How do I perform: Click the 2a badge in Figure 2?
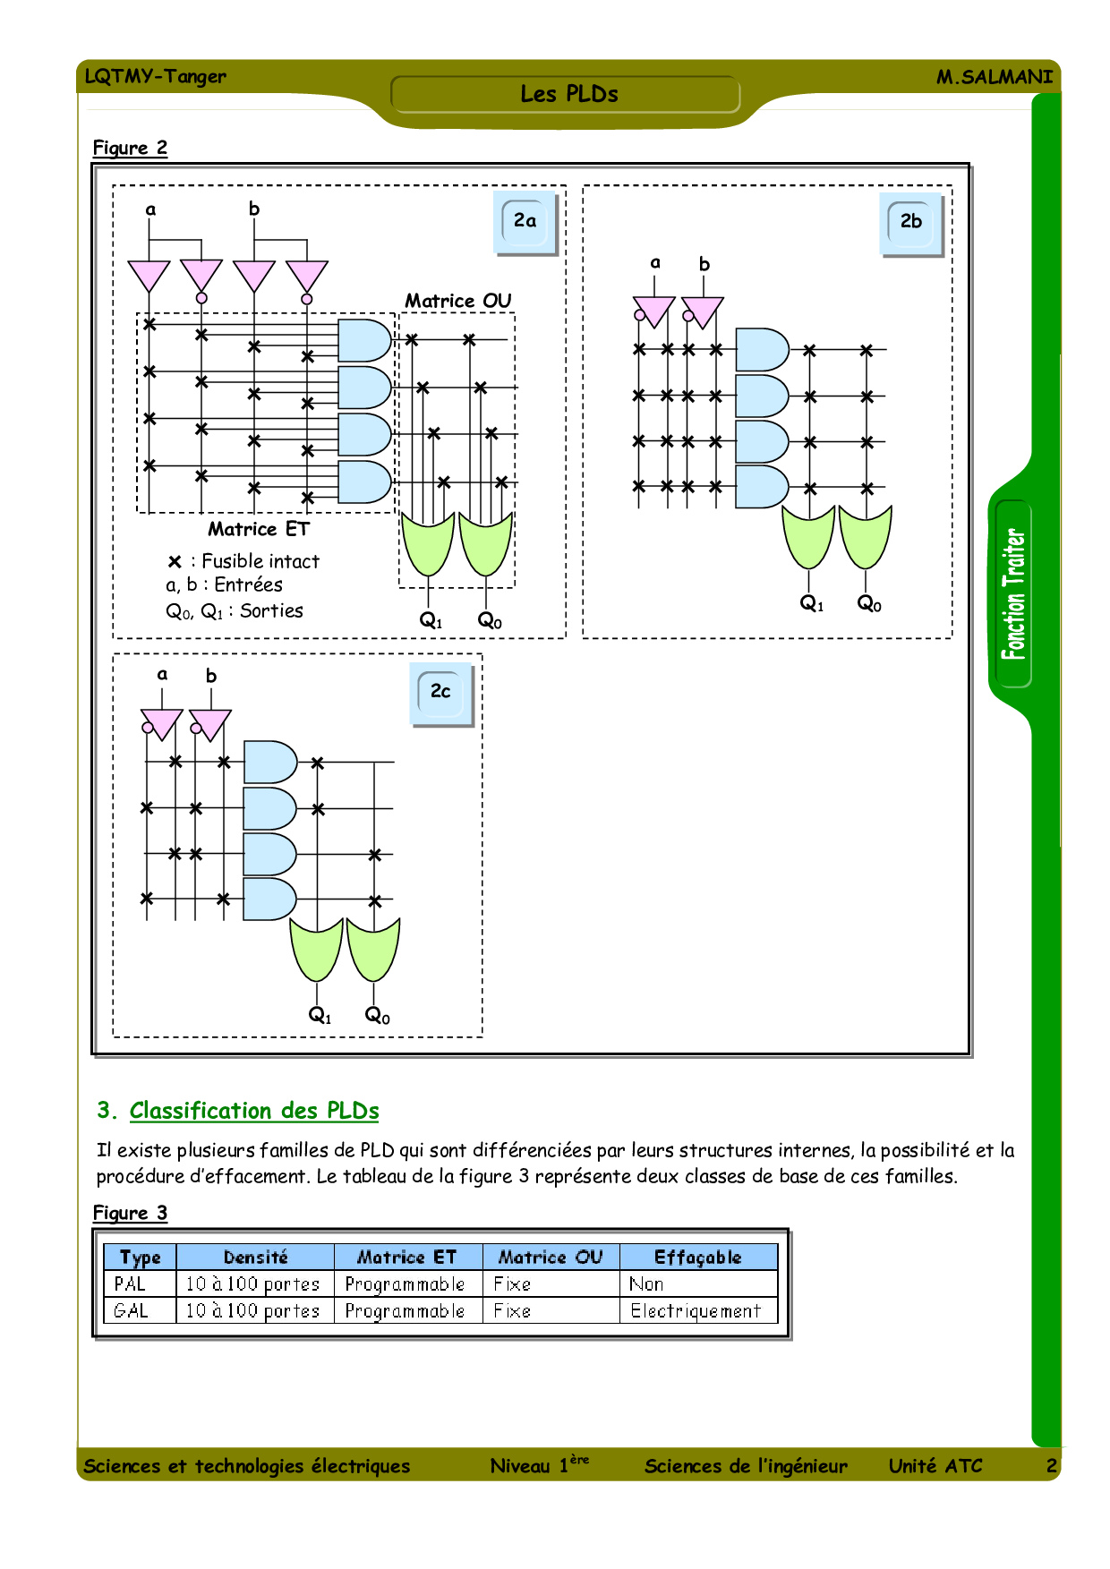[x=525, y=221]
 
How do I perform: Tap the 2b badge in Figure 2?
[x=910, y=221]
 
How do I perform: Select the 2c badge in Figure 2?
[x=440, y=691]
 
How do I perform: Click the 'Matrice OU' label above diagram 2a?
[x=457, y=301]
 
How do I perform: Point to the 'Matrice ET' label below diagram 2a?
[x=258, y=529]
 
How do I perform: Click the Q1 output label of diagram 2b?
[x=811, y=604]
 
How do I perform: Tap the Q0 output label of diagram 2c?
[x=377, y=1015]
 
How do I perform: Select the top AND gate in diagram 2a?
[x=363, y=340]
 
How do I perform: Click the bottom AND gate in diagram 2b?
[x=760, y=487]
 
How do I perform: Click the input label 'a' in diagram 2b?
[x=655, y=262]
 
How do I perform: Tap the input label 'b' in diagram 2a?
[x=254, y=209]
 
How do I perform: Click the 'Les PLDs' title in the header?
[x=568, y=94]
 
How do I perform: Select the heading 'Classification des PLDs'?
[x=254, y=1111]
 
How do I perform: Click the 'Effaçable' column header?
[x=697, y=1257]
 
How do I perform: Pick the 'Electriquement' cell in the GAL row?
[x=696, y=1311]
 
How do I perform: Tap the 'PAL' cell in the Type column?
[x=131, y=1283]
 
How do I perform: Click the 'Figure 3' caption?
[x=130, y=1213]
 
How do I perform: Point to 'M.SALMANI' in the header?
[x=994, y=77]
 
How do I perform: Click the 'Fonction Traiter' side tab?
[x=1013, y=594]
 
